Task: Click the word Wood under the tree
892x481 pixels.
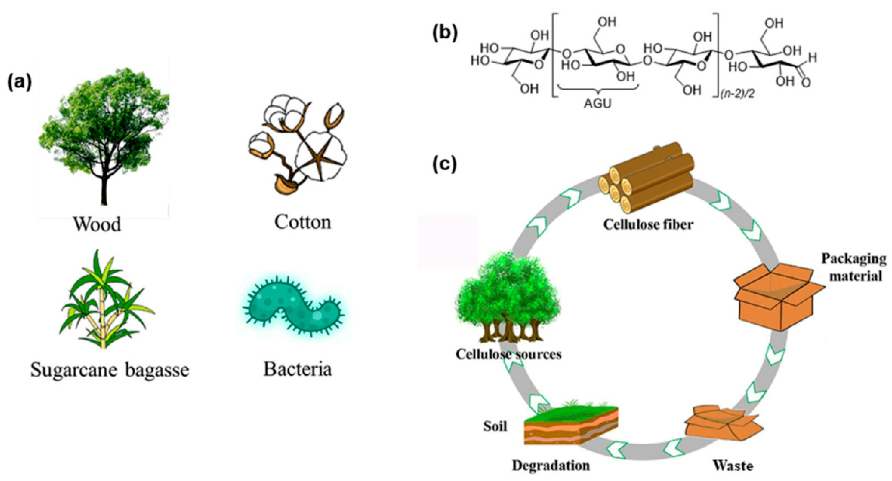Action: [97, 224]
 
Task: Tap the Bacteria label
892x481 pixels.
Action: [298, 369]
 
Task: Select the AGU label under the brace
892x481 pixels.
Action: [598, 104]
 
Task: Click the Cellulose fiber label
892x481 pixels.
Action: [648, 225]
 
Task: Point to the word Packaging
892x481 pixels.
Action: [854, 258]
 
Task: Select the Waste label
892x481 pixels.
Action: [733, 466]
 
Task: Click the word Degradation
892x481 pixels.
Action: [551, 466]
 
